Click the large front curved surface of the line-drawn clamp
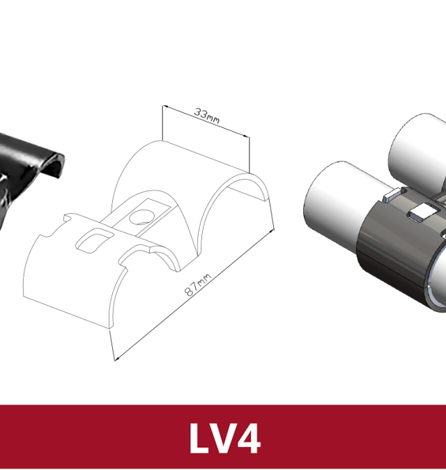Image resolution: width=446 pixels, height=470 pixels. point(70,285)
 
